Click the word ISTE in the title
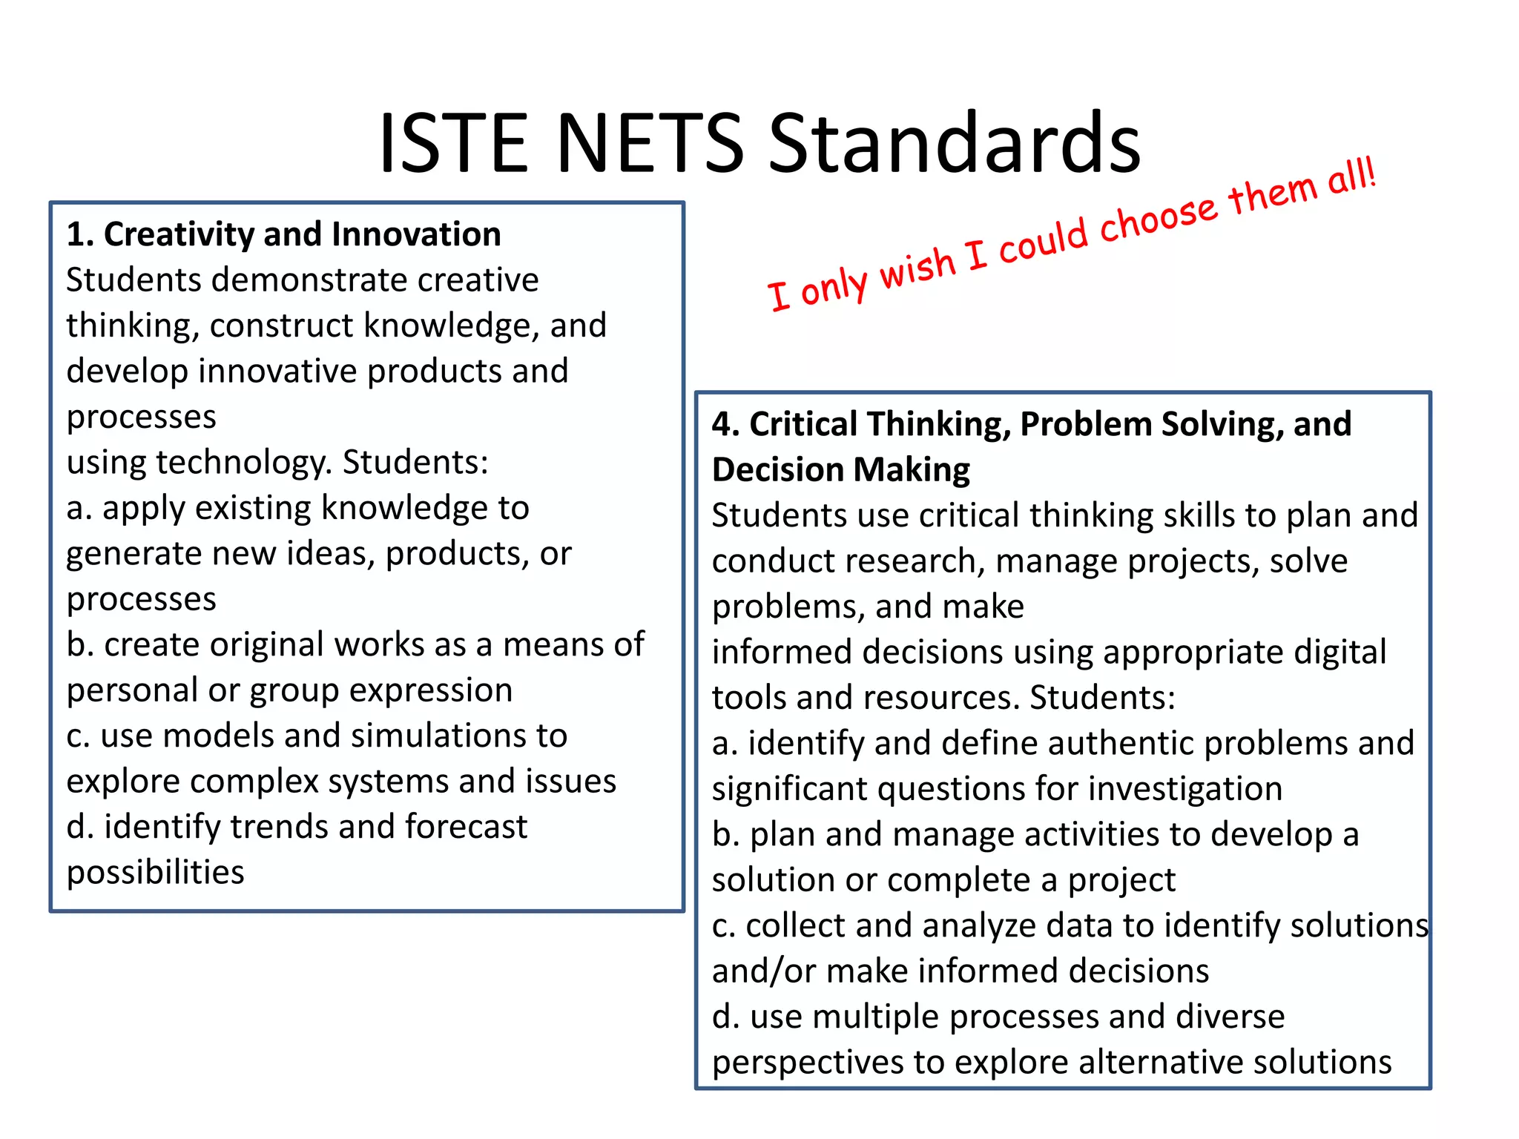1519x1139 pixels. (x=453, y=142)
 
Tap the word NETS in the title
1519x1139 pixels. (x=650, y=142)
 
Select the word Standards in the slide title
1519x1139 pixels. (x=954, y=142)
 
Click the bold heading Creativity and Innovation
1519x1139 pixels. (x=303, y=234)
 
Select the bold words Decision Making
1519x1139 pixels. (x=840, y=470)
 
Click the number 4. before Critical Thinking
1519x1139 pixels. (x=725, y=424)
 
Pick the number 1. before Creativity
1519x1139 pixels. (x=80, y=234)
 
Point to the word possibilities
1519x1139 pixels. (x=156, y=873)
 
